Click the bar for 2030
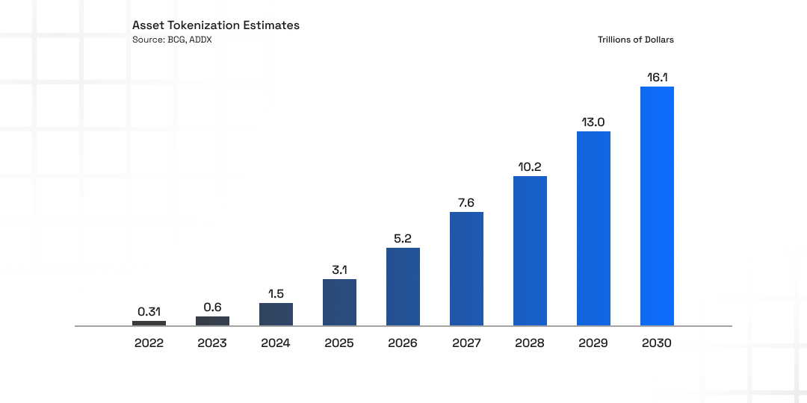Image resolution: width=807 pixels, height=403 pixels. click(x=657, y=206)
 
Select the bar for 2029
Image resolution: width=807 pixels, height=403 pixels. click(x=593, y=228)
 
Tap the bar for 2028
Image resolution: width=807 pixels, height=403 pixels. click(x=530, y=251)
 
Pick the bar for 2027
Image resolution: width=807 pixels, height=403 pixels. click(x=466, y=269)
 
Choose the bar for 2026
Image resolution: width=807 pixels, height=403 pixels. click(x=403, y=287)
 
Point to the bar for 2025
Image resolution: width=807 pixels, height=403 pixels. click(x=339, y=302)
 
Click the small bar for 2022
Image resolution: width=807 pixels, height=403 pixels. click(x=149, y=323)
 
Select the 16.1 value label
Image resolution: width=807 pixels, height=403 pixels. click(x=657, y=77)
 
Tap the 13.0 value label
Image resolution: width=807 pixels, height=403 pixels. click(x=593, y=122)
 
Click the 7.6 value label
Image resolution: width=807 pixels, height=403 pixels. click(x=466, y=202)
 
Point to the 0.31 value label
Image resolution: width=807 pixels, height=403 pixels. click(x=149, y=311)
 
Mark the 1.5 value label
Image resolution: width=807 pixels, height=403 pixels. click(x=276, y=293)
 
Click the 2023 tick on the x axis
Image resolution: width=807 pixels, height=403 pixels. click(x=212, y=344)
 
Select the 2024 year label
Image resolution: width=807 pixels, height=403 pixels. click(x=276, y=344)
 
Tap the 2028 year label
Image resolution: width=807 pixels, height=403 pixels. click(x=530, y=344)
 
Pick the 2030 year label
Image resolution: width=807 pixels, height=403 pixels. click(x=657, y=344)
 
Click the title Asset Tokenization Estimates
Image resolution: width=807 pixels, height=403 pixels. click(x=216, y=25)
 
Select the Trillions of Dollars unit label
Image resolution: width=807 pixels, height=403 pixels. click(x=635, y=40)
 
